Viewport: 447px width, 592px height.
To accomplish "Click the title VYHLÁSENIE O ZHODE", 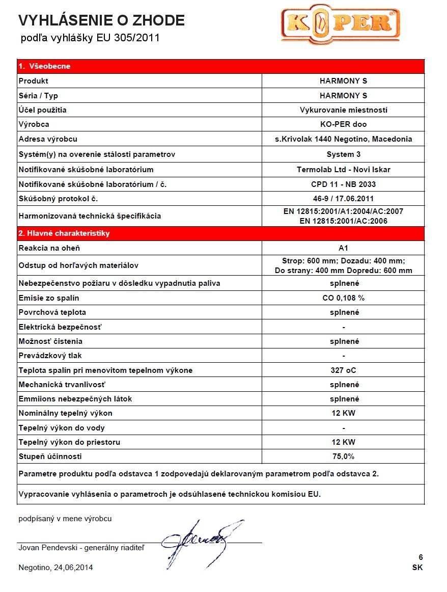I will pyautogui.click(x=101, y=20).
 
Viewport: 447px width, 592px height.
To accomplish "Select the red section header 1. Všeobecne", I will pyautogui.click(x=44, y=66).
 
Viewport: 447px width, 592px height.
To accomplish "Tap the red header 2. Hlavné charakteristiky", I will pyautogui.click(x=64, y=233).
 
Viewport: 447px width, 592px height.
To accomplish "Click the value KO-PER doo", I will pyautogui.click(x=343, y=124).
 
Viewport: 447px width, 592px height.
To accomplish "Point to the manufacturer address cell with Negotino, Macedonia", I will pyautogui.click(x=343, y=139).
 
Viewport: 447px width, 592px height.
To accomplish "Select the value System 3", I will pyautogui.click(x=343, y=154).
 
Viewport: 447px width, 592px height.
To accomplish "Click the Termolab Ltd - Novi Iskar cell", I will pyautogui.click(x=343, y=169).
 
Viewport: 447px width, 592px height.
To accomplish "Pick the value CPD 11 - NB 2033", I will pyautogui.click(x=343, y=184).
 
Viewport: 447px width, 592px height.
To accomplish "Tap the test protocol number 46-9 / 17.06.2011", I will pyautogui.click(x=343, y=199).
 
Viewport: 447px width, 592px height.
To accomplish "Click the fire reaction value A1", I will pyautogui.click(x=343, y=248).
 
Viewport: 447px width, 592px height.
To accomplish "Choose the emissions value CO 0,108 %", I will pyautogui.click(x=343, y=298).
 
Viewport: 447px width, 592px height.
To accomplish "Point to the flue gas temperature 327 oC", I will pyautogui.click(x=343, y=370).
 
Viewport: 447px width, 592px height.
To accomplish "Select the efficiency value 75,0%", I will pyautogui.click(x=343, y=456).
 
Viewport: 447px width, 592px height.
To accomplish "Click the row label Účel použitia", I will pyautogui.click(x=42, y=110).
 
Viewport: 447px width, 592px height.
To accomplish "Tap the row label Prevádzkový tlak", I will pyautogui.click(x=50, y=356).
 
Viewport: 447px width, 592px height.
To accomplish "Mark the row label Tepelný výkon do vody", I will pyautogui.click(x=62, y=428).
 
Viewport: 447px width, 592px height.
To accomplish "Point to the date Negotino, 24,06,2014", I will pyautogui.click(x=55, y=568).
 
